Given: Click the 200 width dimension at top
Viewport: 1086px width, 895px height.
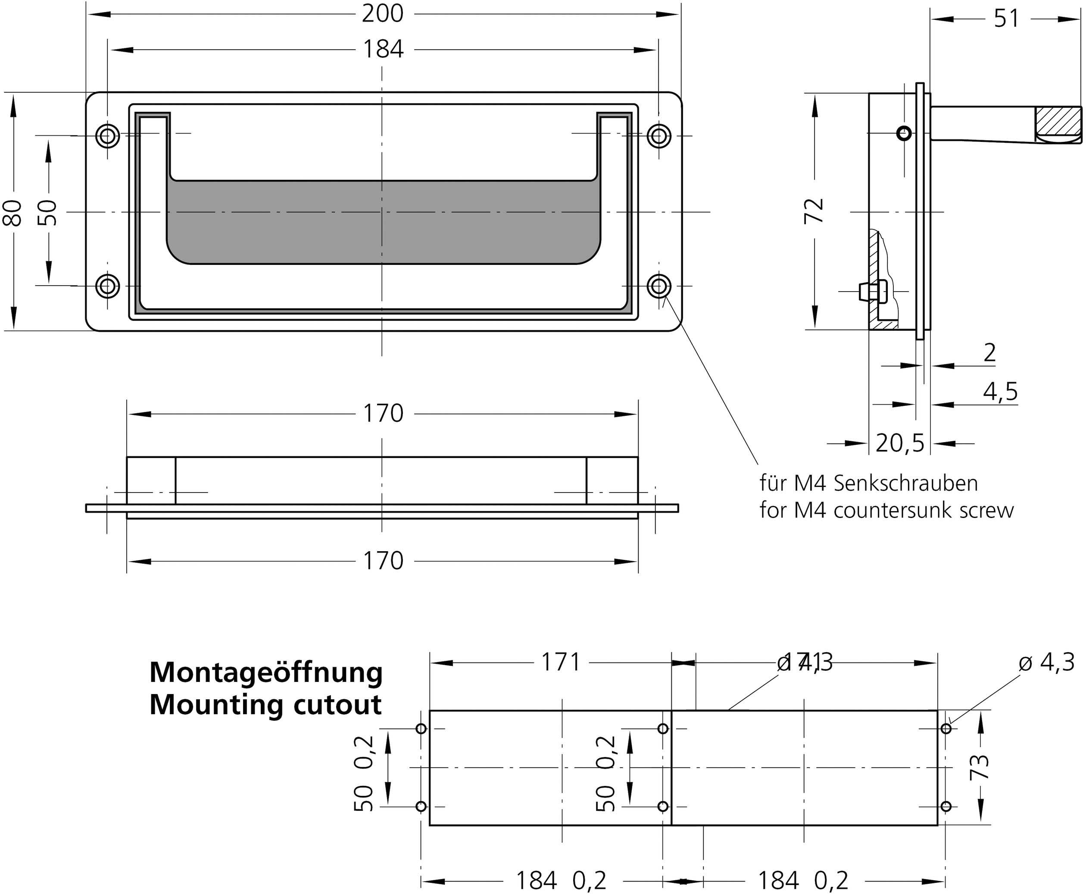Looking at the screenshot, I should point(382,14).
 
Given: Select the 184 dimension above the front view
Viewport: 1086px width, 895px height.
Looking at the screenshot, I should point(383,50).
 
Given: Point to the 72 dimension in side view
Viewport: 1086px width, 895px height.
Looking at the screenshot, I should point(814,210).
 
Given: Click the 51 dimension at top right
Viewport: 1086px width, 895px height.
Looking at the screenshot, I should point(1006,19).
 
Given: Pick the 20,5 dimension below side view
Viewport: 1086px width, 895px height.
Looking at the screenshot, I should point(899,443).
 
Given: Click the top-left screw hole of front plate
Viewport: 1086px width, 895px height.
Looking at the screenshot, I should point(107,137).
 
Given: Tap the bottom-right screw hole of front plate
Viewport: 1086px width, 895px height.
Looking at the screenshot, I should point(658,286).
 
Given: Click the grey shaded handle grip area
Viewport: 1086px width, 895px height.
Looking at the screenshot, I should point(382,222).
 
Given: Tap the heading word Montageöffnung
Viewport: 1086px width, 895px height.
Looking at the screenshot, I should point(266,672).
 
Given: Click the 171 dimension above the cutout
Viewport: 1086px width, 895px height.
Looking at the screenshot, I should point(561,663).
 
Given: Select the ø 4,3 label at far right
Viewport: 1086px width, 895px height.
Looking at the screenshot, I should point(1046,663).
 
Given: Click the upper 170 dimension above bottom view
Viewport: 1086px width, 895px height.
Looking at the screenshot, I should point(383,414).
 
